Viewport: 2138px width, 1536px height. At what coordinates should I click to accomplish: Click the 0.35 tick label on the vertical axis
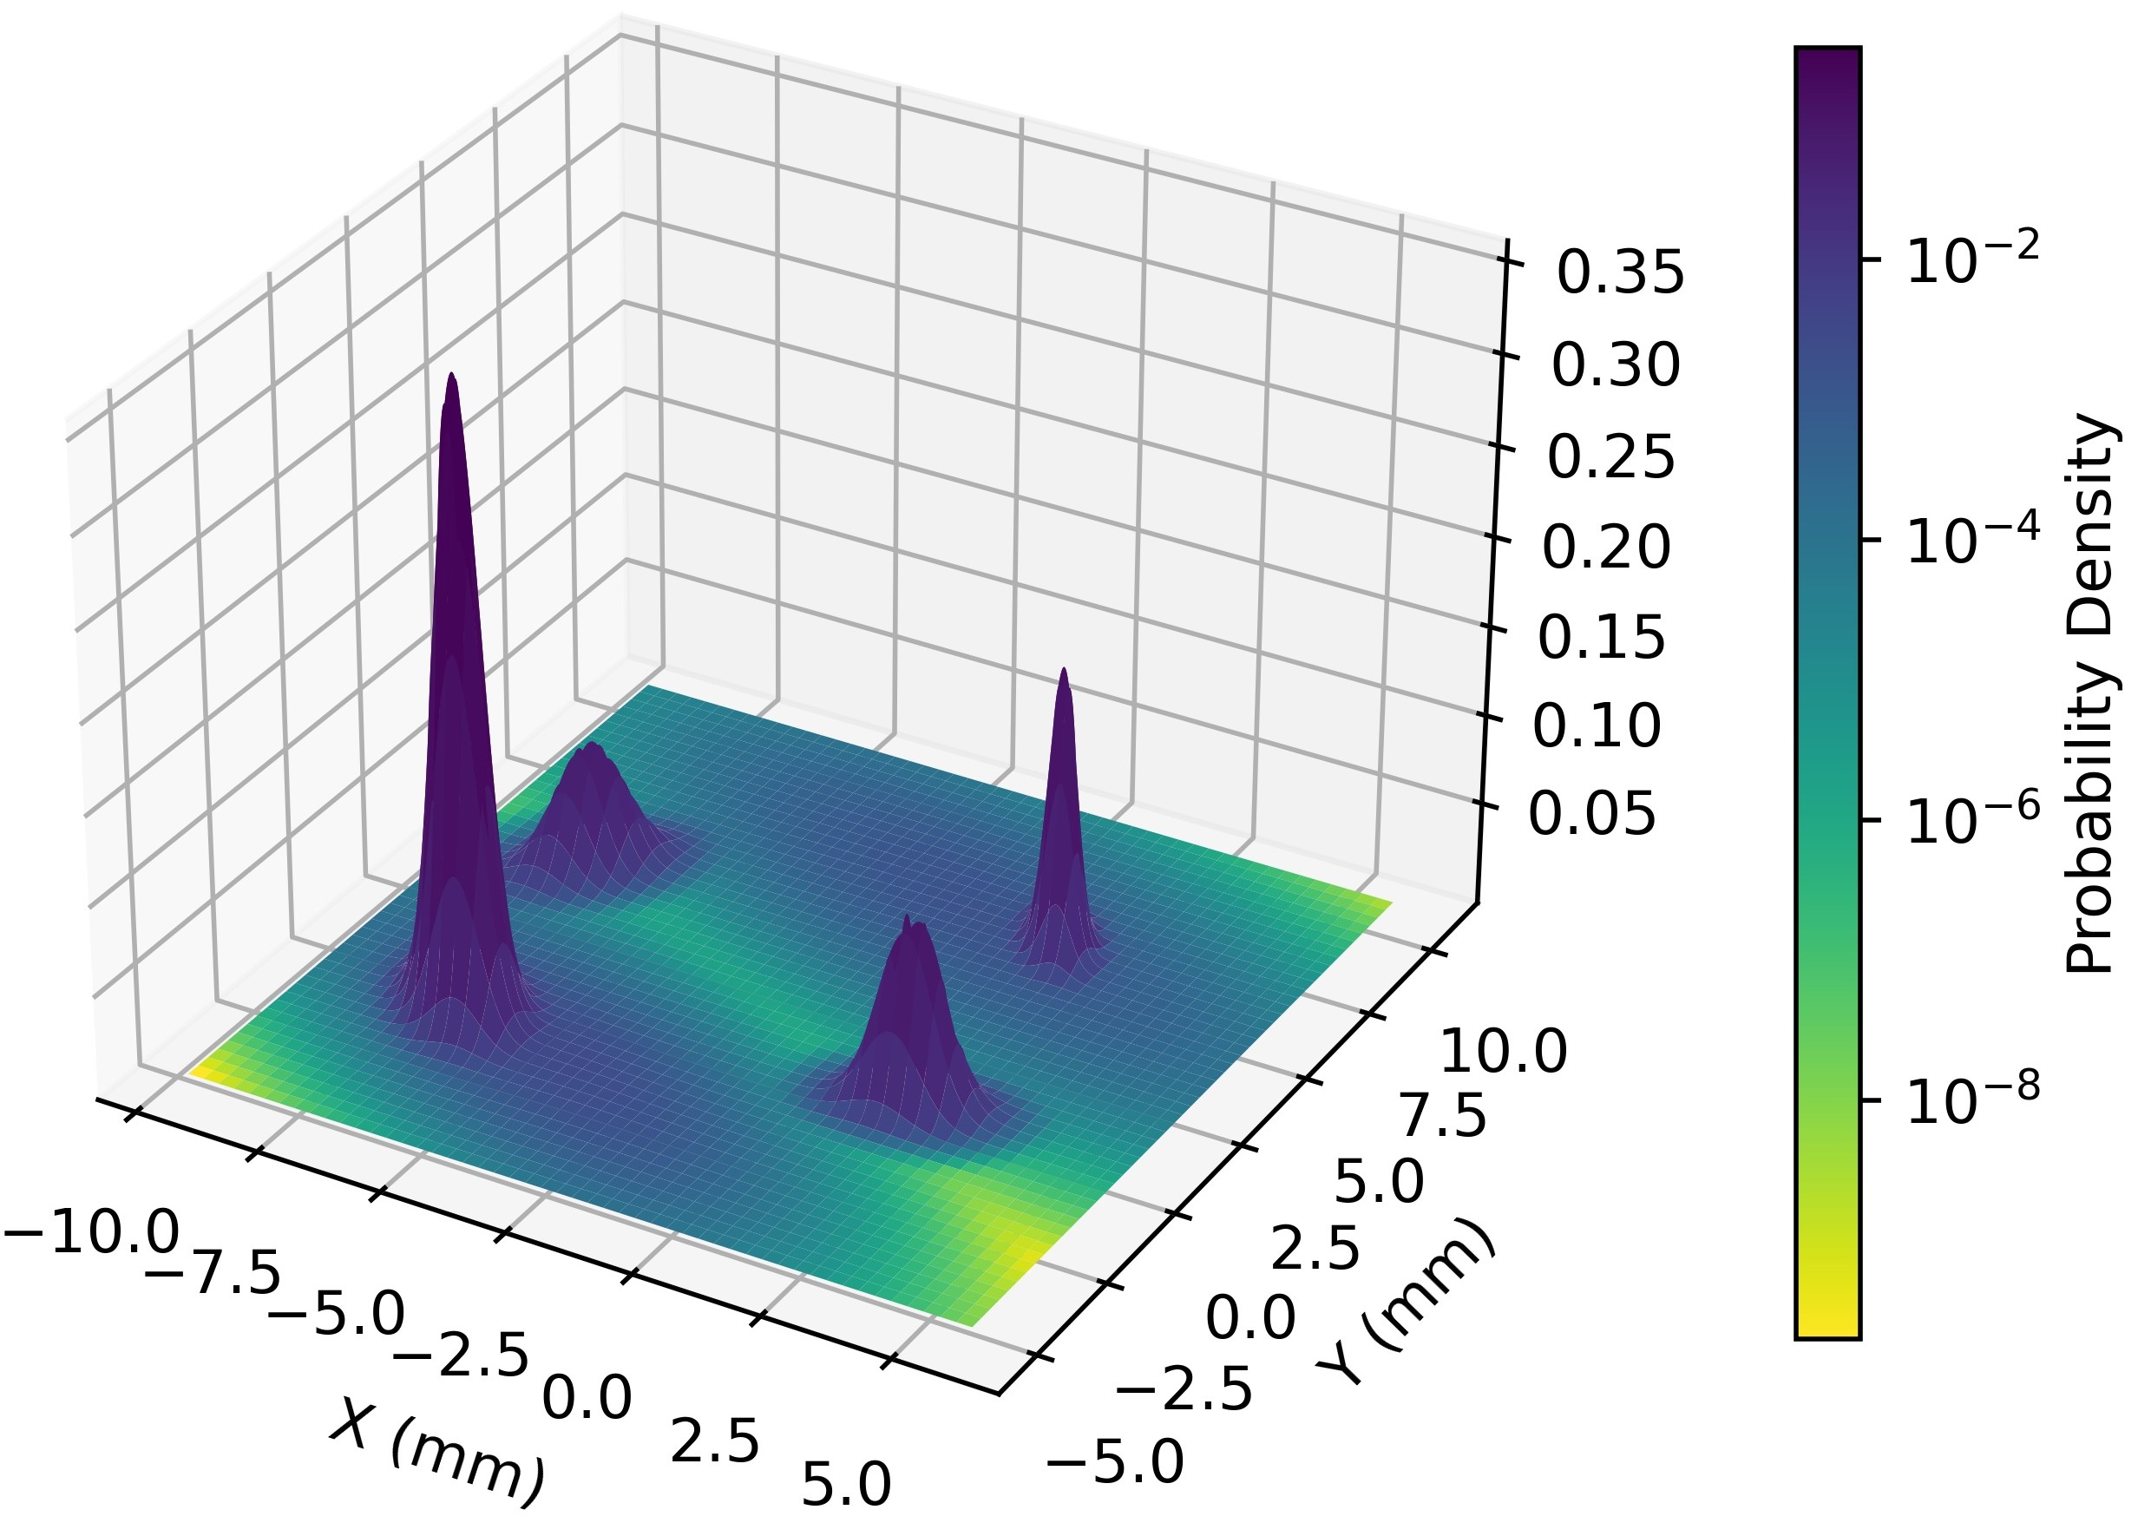pos(1619,273)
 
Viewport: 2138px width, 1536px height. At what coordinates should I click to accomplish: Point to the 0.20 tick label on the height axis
pos(1605,547)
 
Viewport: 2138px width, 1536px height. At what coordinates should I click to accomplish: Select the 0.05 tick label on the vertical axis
pos(1591,814)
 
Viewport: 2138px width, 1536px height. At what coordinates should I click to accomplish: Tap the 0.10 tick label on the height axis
pos(1596,726)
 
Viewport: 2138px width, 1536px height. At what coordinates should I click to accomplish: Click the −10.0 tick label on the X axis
pos(91,1232)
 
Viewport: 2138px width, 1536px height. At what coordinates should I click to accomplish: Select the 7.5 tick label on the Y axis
pos(1442,1118)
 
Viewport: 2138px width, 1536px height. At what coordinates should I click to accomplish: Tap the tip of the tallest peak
pos(452,374)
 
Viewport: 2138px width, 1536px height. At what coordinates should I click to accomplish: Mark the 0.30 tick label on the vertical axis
pos(1616,366)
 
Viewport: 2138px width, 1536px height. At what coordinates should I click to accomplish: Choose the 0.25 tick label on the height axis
pos(1611,457)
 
